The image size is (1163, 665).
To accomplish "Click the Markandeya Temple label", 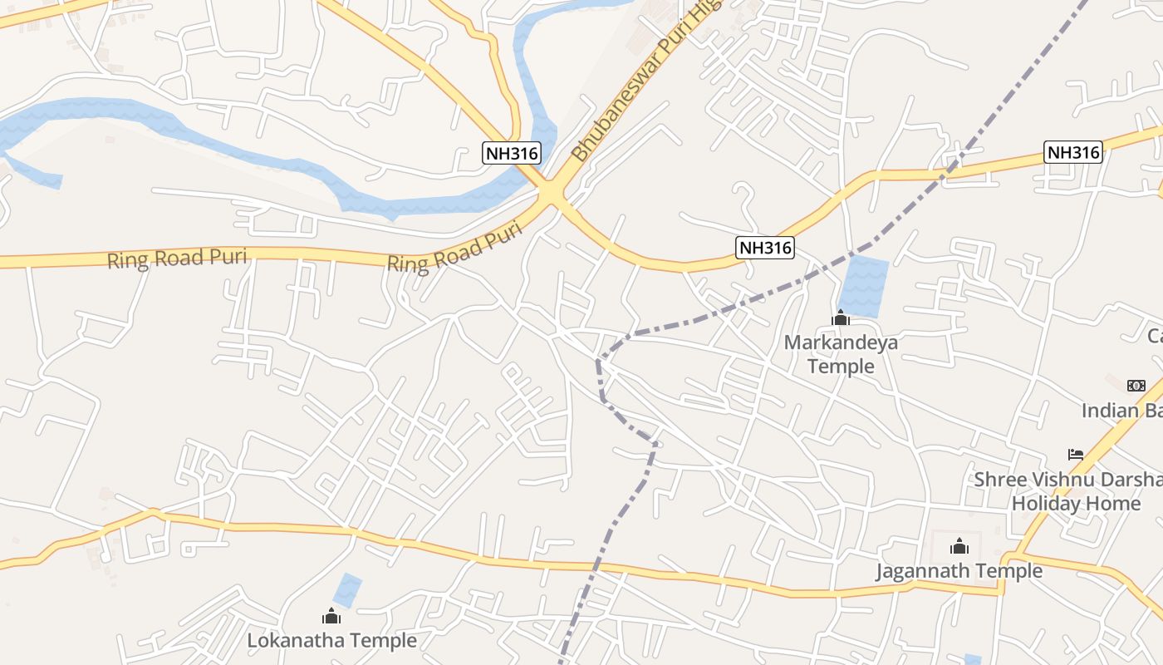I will click(x=829, y=354).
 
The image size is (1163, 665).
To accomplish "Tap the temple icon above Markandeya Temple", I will click(x=840, y=318).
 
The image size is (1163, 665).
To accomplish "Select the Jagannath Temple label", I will click(x=959, y=571).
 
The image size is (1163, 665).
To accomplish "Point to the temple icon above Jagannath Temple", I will click(x=959, y=546).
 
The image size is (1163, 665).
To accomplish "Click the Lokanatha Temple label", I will click(x=331, y=641).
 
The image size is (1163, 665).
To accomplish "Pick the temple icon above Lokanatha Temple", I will click(x=331, y=616).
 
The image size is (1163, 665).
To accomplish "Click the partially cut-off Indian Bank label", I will click(x=1121, y=411).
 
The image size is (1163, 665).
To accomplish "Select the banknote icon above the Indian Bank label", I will click(x=1136, y=386).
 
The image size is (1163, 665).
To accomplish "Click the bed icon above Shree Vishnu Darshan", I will click(x=1076, y=455).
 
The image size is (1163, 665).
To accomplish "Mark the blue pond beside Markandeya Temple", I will click(x=863, y=287).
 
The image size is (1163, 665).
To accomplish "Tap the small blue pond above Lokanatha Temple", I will click(x=347, y=590).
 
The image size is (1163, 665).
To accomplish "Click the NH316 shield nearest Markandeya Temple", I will click(x=764, y=247).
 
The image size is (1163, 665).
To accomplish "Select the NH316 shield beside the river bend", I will click(x=511, y=153).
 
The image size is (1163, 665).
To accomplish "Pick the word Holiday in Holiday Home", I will click(x=1045, y=504).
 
